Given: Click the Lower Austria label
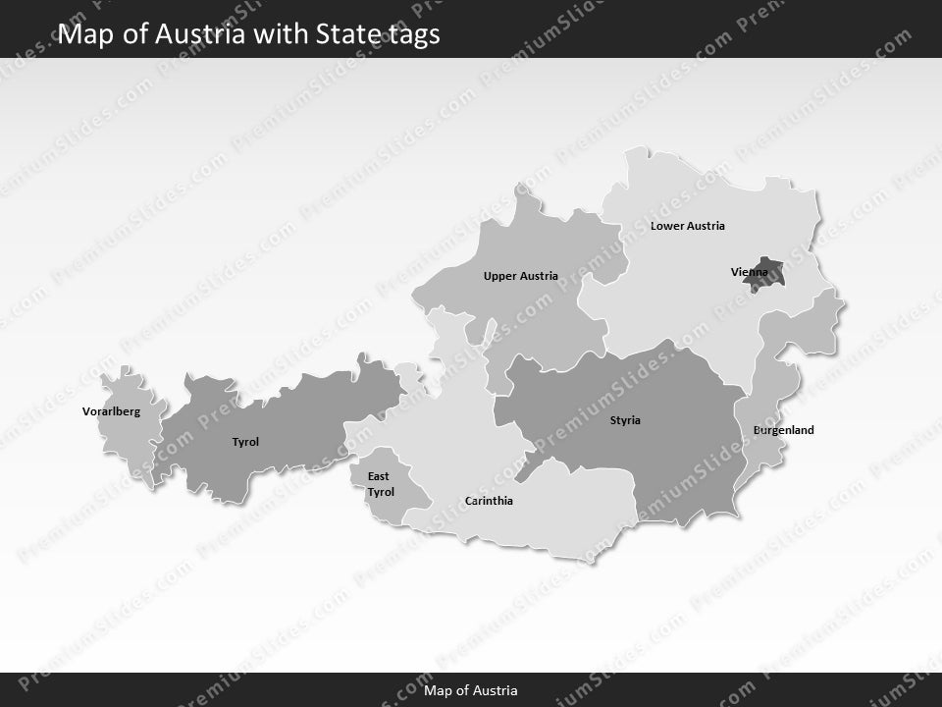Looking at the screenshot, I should tap(687, 226).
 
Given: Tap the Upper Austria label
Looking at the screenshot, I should tap(520, 276).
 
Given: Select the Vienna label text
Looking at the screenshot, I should tap(750, 271).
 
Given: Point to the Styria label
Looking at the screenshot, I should tap(625, 420).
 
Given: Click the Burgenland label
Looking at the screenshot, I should tap(783, 430).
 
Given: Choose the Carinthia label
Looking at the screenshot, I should tap(489, 501).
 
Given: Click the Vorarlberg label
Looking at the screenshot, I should tap(111, 411).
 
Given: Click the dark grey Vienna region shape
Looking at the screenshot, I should tap(764, 280).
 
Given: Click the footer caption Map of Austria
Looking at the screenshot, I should tap(471, 690).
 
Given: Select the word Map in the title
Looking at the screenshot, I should tap(80, 34).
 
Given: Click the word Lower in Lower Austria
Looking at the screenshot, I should tap(667, 226).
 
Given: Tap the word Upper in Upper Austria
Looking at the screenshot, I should tap(500, 276).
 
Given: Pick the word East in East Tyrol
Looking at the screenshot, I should tap(378, 476).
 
